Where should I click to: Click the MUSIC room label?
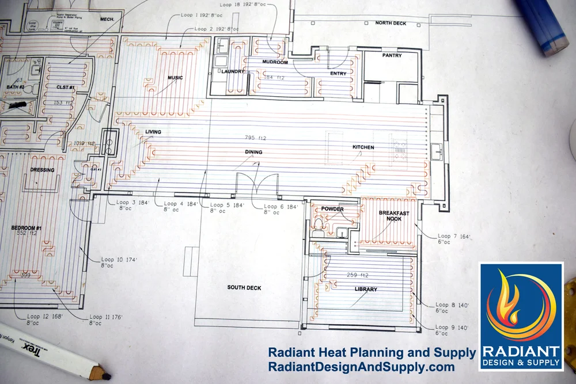coord(175,78)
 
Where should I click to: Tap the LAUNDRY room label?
coord(233,71)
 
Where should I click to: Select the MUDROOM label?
coord(274,62)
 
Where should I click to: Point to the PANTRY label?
coord(392,56)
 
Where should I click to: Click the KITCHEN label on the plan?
coord(363,147)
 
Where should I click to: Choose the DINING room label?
coord(253,153)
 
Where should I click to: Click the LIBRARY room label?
coord(366,289)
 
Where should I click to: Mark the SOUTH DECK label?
coord(244,287)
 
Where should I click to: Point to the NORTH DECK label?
coord(391,23)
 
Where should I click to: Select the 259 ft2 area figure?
coord(355,275)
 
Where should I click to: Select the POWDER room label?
coord(332,209)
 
